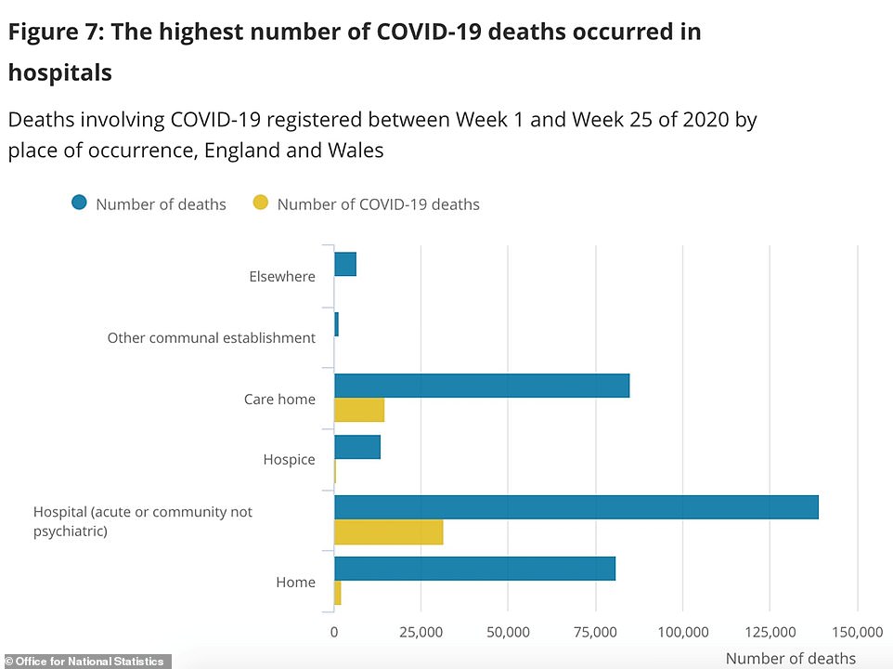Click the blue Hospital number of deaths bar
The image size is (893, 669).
click(x=576, y=507)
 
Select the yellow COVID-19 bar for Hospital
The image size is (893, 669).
click(x=388, y=532)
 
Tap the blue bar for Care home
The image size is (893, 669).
click(x=481, y=386)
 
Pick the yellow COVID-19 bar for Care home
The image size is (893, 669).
click(x=358, y=410)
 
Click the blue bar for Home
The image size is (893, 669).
click(x=474, y=569)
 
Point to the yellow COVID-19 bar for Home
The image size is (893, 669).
click(x=338, y=593)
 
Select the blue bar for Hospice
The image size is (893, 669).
click(x=356, y=447)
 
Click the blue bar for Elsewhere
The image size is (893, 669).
click(x=344, y=264)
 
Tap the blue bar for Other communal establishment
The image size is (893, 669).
click(x=336, y=324)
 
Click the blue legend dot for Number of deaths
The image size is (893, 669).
click(x=79, y=203)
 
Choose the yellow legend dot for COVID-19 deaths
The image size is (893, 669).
click(x=260, y=203)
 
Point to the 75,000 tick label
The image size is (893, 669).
click(x=596, y=632)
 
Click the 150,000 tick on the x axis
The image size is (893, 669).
click(x=857, y=632)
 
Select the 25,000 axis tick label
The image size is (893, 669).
click(x=421, y=632)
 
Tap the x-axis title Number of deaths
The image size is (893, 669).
click(x=791, y=659)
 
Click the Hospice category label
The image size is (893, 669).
click(x=289, y=460)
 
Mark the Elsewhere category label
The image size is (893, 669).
click(x=282, y=276)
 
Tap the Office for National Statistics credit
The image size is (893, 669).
click(x=84, y=662)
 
